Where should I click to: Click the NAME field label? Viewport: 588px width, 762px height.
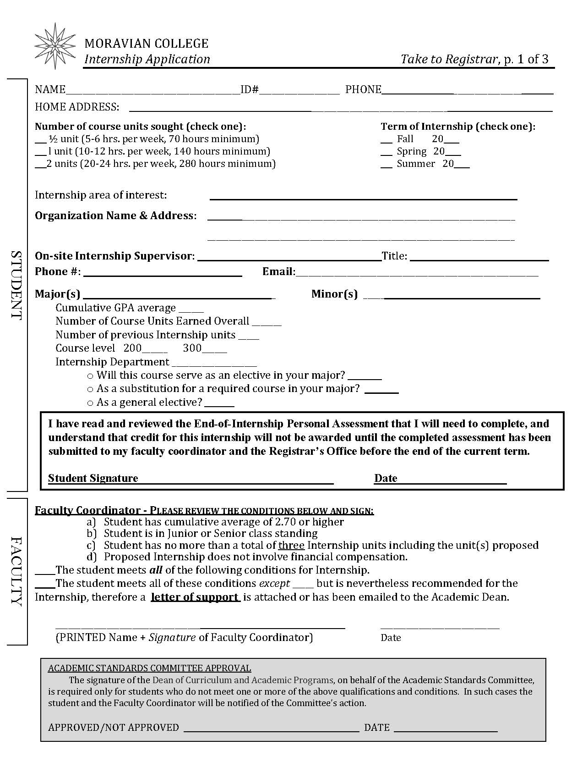tap(50, 89)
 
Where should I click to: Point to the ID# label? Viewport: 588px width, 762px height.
tap(250, 89)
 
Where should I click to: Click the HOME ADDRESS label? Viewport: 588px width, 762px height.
tap(77, 107)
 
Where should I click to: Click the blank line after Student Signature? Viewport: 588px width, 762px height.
tap(236, 480)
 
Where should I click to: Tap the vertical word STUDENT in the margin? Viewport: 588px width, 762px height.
tap(16, 285)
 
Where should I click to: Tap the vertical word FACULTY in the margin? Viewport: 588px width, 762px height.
tap(16, 571)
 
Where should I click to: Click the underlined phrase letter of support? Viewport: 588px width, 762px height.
tap(195, 597)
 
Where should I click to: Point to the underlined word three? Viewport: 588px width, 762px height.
tap(291, 545)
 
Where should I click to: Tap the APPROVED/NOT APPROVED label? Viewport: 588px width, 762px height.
tap(113, 727)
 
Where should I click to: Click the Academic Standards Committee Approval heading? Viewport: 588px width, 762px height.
tap(149, 668)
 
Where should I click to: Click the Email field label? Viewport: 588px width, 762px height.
tap(278, 272)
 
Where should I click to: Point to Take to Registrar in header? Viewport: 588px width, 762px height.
tap(449, 59)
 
